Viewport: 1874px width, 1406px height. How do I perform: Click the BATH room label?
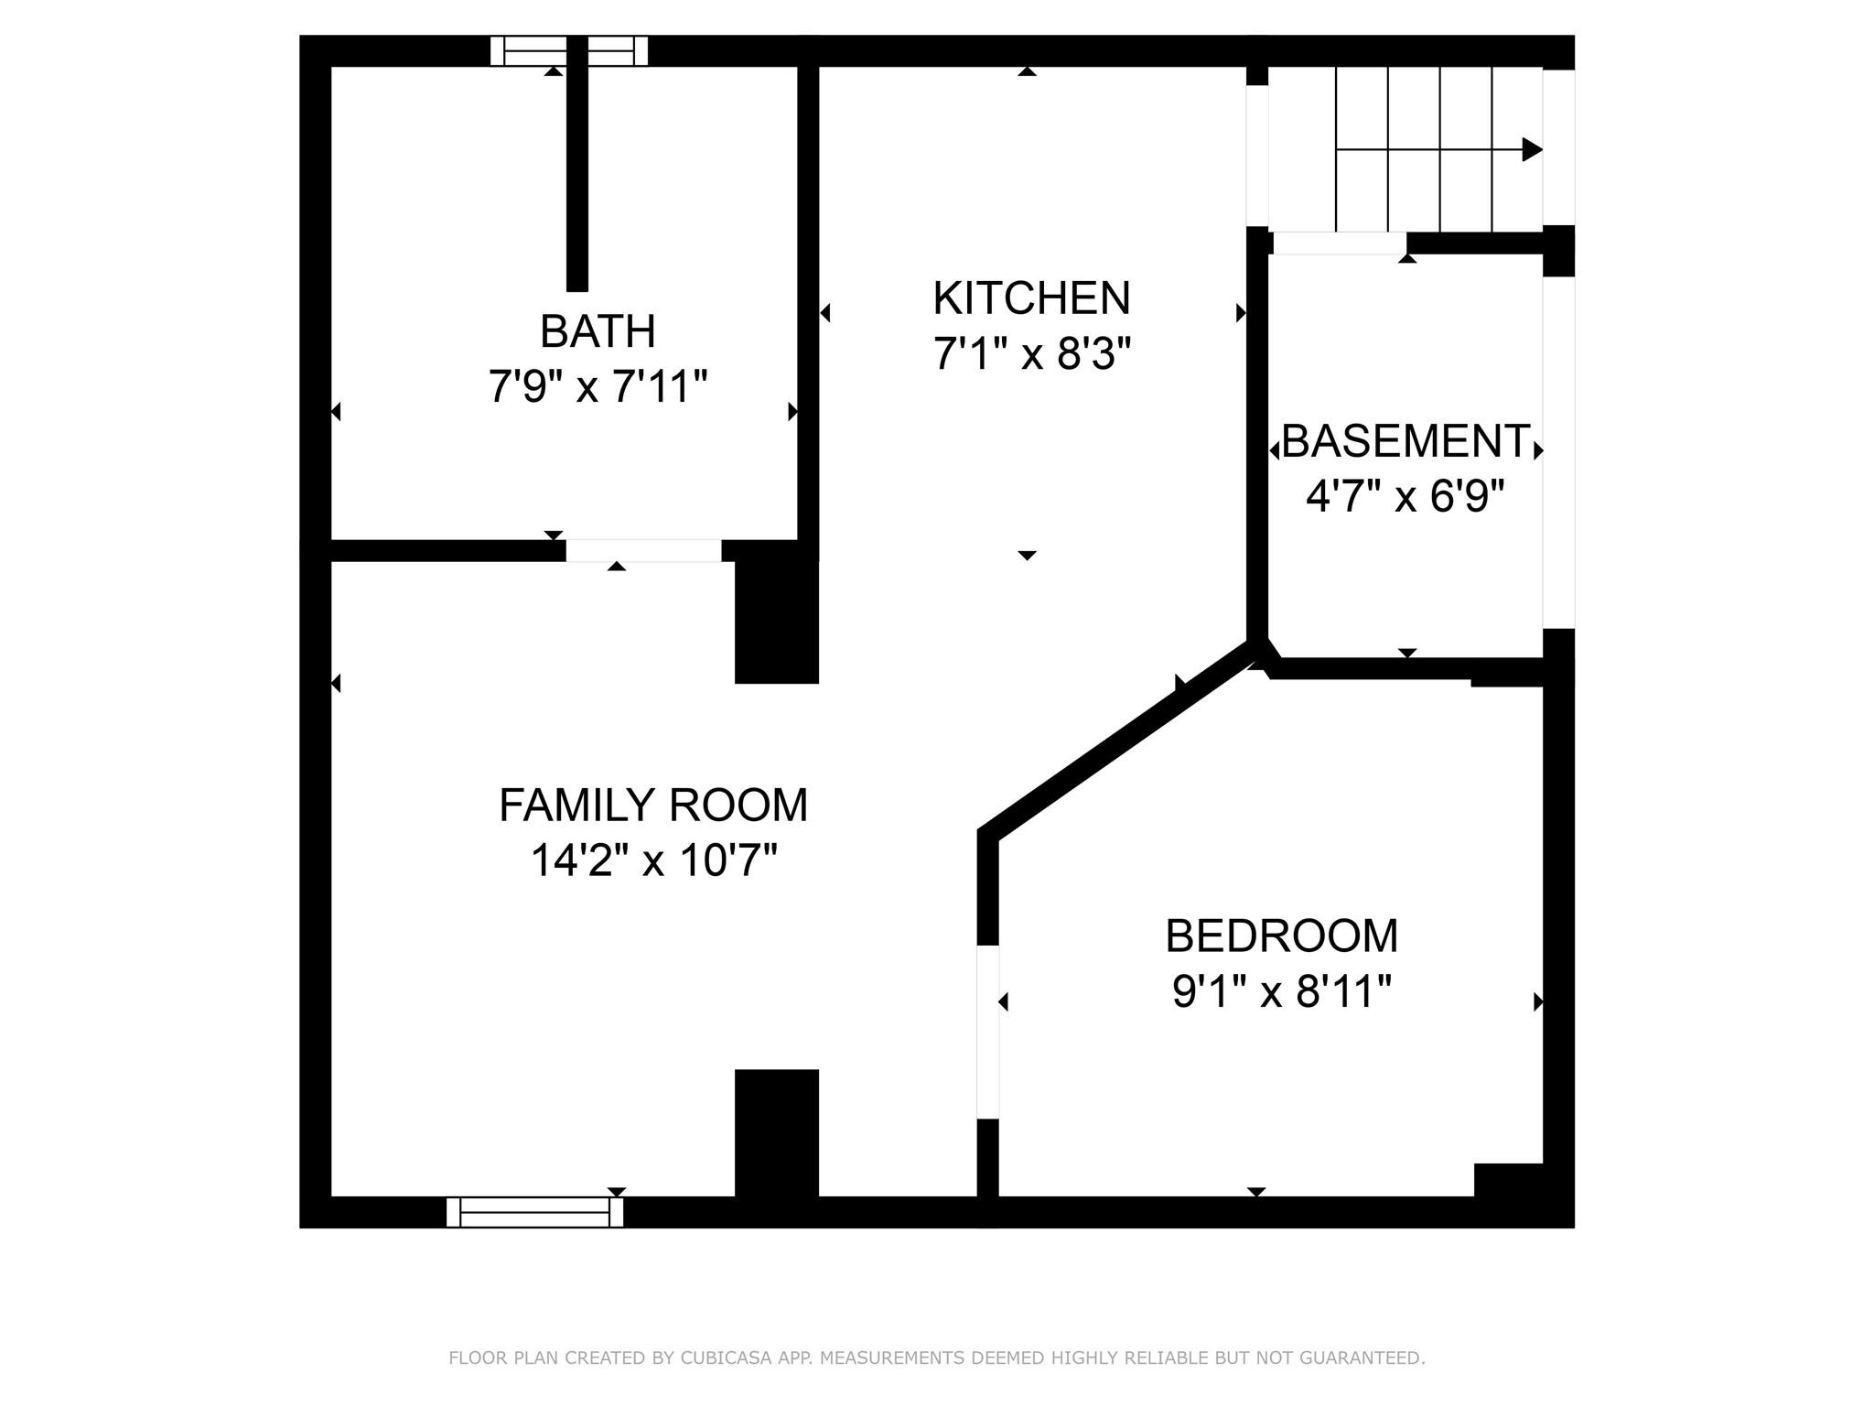pos(598,331)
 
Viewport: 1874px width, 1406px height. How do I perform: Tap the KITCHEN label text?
pos(1031,298)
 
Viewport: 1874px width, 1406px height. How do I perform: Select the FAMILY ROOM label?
pos(652,806)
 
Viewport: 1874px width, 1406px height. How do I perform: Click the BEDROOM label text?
pos(1281,936)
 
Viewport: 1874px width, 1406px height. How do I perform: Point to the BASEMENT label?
pos(1405,441)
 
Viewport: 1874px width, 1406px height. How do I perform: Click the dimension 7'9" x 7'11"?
pos(598,386)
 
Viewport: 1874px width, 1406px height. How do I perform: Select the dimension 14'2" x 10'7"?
pos(652,860)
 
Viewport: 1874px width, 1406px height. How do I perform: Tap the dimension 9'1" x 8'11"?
pos(1281,991)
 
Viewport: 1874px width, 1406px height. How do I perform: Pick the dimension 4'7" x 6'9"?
pos(1405,497)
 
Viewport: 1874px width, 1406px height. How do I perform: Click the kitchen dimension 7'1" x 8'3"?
pos(1031,353)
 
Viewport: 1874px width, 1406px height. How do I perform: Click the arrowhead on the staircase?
pos(1532,149)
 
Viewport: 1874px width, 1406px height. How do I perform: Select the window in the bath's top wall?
pos(569,51)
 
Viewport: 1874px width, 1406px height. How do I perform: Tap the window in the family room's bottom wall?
pos(534,1212)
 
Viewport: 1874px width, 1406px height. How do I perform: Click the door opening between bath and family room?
pos(643,550)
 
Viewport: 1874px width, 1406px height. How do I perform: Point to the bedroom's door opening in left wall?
pos(987,1032)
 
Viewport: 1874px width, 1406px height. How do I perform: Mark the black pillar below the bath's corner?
pos(776,622)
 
